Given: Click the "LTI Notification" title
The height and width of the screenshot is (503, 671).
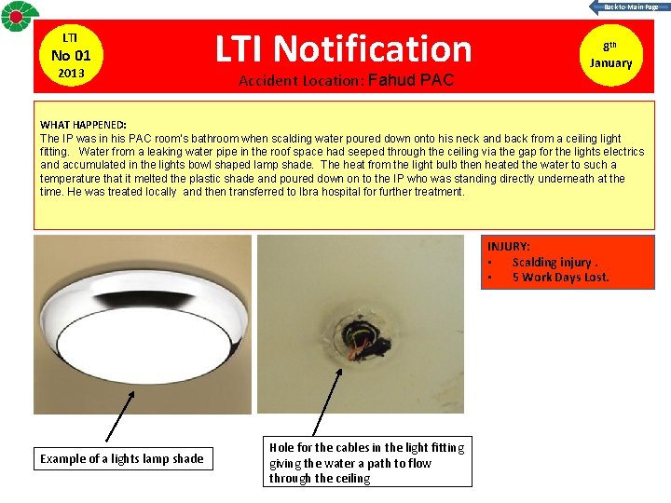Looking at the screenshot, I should pos(345,48).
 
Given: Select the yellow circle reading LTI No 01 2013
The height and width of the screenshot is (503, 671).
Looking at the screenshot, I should pos(70,55).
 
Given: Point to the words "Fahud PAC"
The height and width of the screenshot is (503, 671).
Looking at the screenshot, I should pos(411,80).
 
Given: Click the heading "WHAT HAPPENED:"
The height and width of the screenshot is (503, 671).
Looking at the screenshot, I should pos(84,125).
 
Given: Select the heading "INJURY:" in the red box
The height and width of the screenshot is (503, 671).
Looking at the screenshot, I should pos(509,246).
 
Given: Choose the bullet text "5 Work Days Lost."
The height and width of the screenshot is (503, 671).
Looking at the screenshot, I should pos(560,277).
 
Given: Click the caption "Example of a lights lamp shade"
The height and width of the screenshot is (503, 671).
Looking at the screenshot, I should pos(121,458).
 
